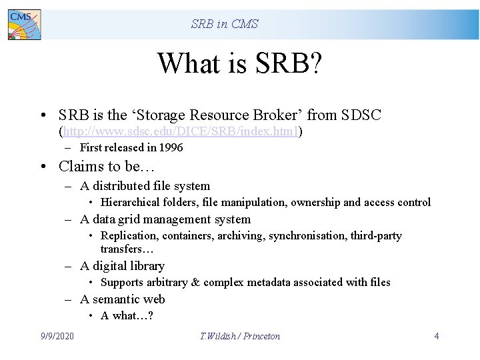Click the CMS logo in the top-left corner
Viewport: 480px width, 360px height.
click(24, 25)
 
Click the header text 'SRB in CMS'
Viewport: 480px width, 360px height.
click(225, 24)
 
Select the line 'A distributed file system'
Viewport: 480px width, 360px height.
click(145, 186)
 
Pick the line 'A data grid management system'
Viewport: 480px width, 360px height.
click(165, 219)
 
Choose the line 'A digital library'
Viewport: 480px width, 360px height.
click(122, 266)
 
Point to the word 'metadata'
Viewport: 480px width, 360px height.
click(271, 282)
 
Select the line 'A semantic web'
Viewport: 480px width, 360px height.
click(122, 299)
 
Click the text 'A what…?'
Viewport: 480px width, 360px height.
click(127, 315)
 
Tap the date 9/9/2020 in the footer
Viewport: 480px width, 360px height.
click(57, 336)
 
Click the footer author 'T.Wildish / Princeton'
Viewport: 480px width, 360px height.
click(240, 336)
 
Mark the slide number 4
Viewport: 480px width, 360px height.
click(437, 336)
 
